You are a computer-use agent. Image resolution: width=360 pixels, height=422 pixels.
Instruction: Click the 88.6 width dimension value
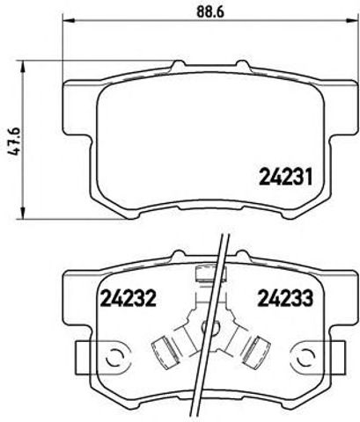point(205,12)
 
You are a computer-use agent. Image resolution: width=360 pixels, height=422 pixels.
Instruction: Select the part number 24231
point(285,176)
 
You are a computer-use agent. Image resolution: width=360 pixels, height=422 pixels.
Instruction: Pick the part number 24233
point(283,298)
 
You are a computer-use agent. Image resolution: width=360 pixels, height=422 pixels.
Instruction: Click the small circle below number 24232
point(112,358)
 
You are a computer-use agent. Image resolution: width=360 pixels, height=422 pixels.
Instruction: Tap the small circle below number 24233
point(307,358)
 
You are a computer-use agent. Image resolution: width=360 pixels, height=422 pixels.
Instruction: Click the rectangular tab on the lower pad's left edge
point(78,356)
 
